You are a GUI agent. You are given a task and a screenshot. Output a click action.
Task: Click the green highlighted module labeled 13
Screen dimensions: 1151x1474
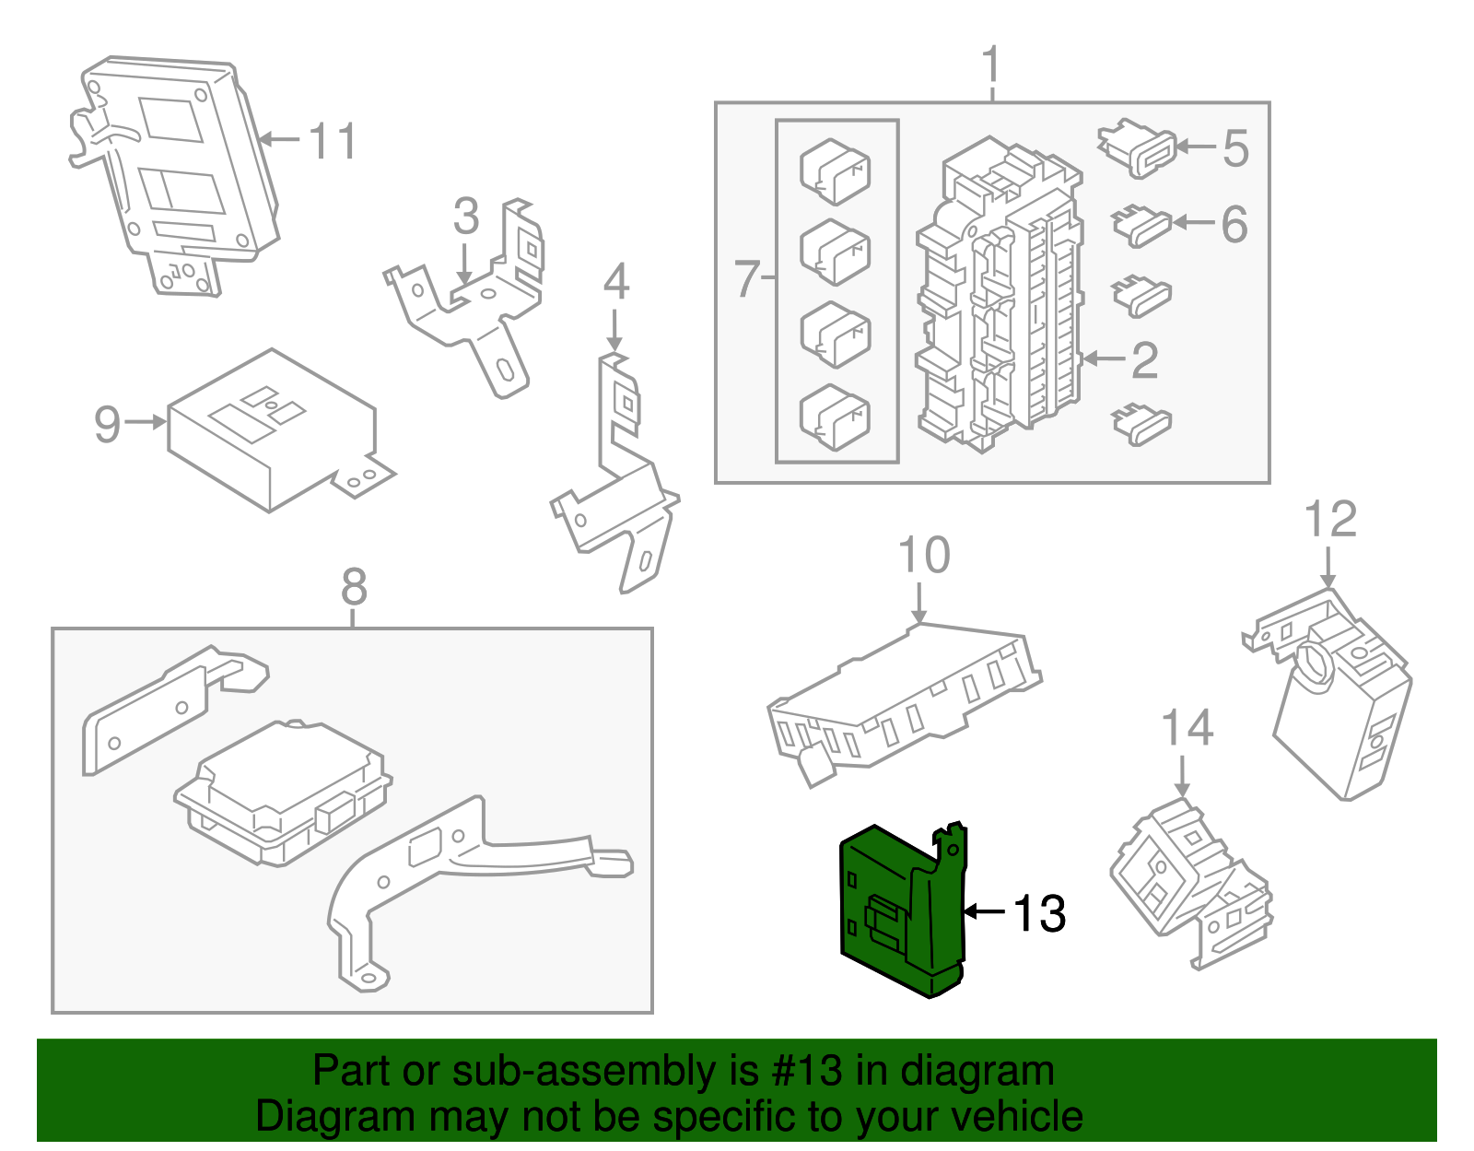click(x=898, y=912)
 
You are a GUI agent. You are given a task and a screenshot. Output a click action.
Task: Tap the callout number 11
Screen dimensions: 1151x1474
click(x=333, y=142)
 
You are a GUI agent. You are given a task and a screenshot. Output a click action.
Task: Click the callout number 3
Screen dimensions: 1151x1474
click(x=466, y=217)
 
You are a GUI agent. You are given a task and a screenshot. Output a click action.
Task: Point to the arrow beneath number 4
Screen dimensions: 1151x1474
click(x=615, y=332)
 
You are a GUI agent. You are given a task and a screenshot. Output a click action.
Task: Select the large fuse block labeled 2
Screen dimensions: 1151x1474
click(x=1000, y=295)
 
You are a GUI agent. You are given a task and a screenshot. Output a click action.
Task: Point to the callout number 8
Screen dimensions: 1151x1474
click(x=354, y=587)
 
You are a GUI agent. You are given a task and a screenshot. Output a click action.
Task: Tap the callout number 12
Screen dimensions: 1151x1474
click(x=1330, y=520)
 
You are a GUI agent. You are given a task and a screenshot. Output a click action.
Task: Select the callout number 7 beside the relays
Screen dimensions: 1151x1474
click(x=747, y=278)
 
